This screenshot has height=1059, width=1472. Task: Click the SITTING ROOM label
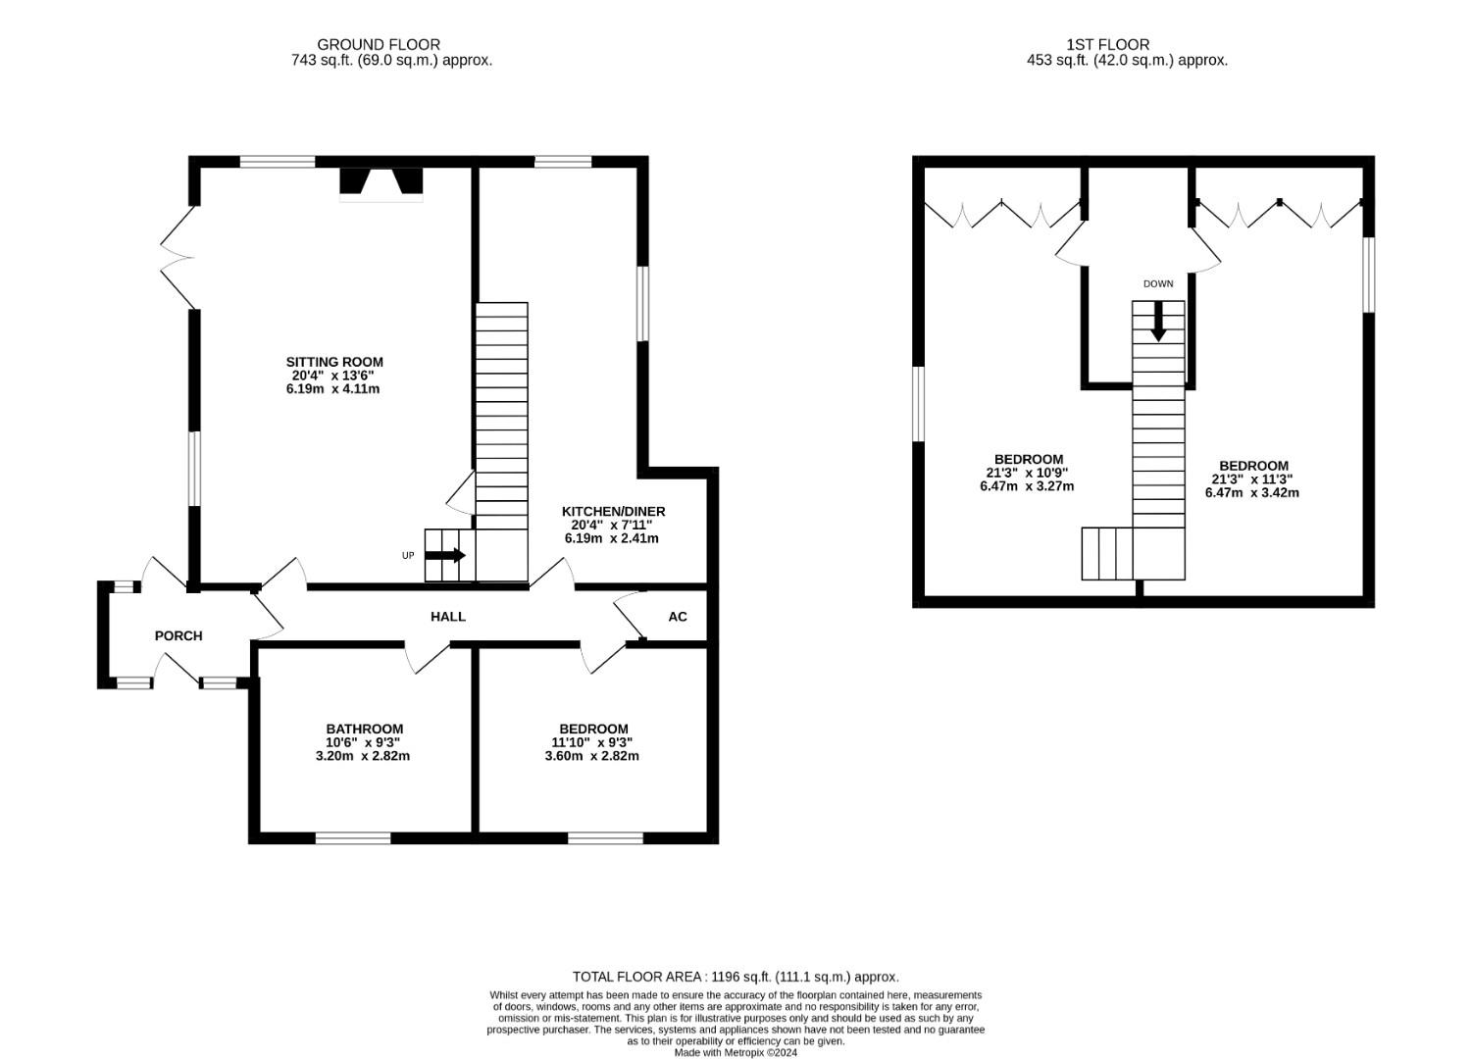(x=334, y=362)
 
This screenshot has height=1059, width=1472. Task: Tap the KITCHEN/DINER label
(x=613, y=511)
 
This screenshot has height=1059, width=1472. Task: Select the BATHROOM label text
(x=364, y=729)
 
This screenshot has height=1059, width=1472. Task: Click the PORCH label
(x=178, y=635)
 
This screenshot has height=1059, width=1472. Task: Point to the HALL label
(x=448, y=616)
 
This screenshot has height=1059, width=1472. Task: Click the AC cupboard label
(x=678, y=617)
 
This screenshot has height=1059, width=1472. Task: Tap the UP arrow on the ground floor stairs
(x=445, y=555)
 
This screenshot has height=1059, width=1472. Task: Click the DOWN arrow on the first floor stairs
(x=1158, y=321)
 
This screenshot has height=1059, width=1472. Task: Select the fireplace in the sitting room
(x=381, y=183)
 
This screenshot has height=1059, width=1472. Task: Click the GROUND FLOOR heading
(x=379, y=44)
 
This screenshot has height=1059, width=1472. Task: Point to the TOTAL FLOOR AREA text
(x=736, y=977)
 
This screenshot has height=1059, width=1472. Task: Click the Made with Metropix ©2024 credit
(x=736, y=1053)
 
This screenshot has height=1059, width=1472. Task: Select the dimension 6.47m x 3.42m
(x=1252, y=492)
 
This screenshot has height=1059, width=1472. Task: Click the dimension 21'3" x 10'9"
(x=1027, y=473)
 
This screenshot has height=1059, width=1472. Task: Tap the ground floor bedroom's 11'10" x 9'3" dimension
(x=592, y=742)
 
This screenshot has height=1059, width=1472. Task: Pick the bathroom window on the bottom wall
(x=353, y=838)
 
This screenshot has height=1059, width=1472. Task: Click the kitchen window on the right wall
(x=642, y=304)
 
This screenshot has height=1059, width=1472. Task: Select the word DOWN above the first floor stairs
(x=1158, y=283)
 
